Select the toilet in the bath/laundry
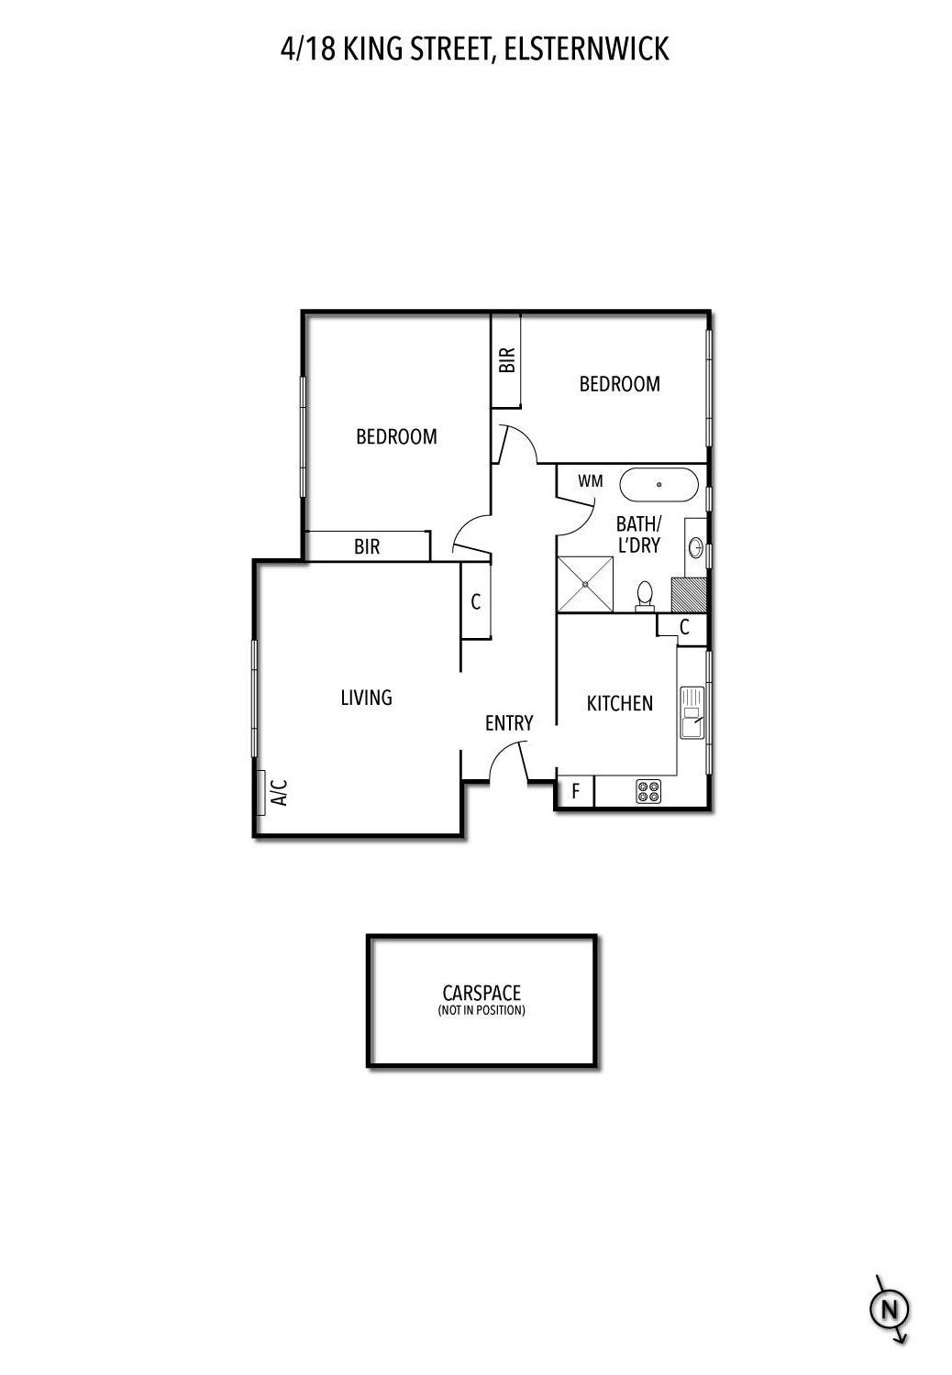[645, 595]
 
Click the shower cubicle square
[586, 585]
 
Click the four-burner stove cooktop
[648, 791]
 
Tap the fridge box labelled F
[576, 791]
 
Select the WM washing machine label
[591, 480]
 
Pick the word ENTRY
[509, 723]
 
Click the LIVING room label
[366, 698]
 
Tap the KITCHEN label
[620, 703]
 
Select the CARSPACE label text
[482, 993]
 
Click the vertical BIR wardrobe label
[507, 359]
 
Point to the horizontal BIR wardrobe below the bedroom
[367, 547]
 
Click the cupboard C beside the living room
[475, 602]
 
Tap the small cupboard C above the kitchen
[684, 627]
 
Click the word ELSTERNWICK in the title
[587, 49]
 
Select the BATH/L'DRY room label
[638, 534]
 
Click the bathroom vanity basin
[696, 548]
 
